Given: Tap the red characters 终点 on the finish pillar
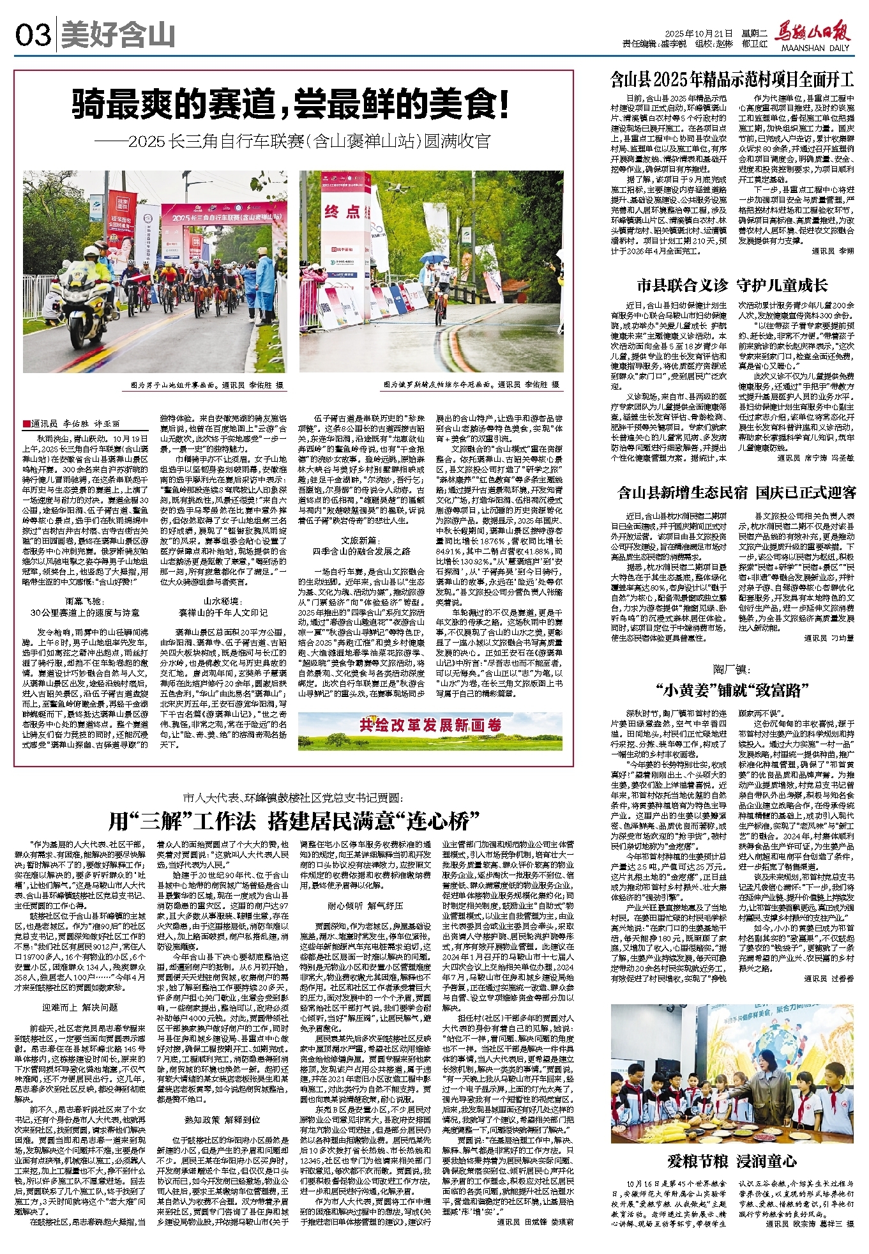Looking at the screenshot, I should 342,211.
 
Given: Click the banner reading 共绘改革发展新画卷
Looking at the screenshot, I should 430,724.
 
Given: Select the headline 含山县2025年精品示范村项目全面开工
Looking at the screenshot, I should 732,80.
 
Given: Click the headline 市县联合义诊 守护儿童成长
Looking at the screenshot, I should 732,285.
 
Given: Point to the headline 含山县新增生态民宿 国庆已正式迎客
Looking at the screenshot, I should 737,492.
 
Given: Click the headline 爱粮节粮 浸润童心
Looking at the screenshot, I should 732,1160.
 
